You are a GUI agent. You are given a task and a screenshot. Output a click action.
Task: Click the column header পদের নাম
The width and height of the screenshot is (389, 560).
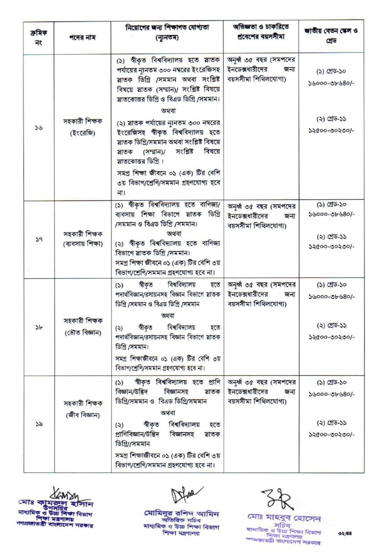(82, 37)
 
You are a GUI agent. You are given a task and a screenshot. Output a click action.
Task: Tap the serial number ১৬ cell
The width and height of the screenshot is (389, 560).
(38, 128)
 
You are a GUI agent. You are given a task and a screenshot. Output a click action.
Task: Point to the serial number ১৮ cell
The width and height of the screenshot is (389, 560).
(38, 327)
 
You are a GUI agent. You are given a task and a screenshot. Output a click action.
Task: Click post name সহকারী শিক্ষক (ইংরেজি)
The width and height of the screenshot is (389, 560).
(82, 127)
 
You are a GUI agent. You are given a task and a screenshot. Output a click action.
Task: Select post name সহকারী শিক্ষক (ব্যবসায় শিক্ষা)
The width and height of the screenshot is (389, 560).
(82, 239)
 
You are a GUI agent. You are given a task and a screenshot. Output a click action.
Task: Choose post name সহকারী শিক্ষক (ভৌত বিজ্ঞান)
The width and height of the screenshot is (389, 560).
(82, 326)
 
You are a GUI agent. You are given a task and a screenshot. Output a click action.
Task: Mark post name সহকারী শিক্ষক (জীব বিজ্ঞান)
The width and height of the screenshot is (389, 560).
(82, 409)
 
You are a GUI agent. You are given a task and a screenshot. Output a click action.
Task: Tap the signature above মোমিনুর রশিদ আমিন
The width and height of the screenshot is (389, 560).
(184, 496)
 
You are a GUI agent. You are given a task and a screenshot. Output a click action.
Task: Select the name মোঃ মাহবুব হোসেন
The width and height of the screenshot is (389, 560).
(284, 519)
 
